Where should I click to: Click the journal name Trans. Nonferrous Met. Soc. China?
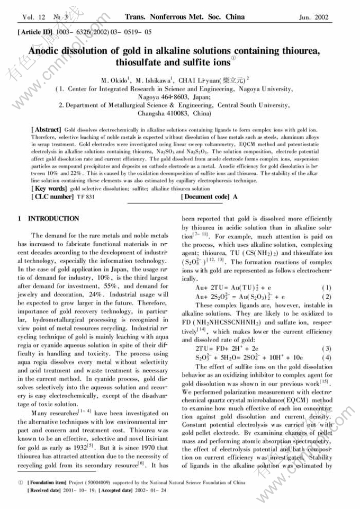[x=184, y=17]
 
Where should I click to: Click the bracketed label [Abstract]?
[x=47, y=129]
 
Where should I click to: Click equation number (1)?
[x=326, y=288]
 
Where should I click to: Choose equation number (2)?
[x=326, y=297]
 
